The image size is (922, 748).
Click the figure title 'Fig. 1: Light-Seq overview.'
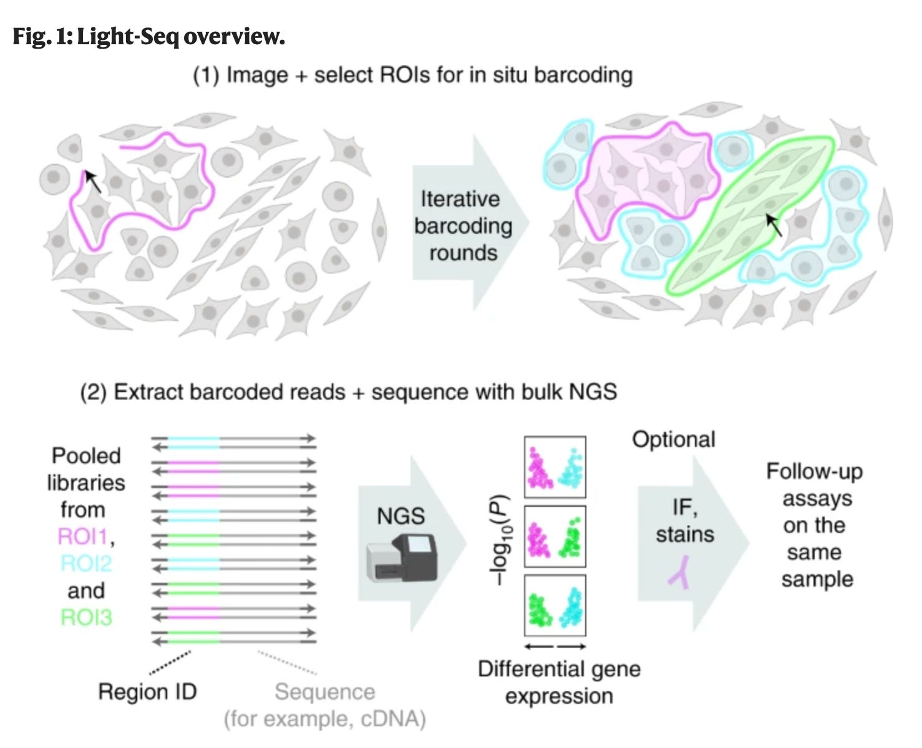(148, 37)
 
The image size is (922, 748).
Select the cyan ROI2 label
(86, 563)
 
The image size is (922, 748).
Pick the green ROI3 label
(86, 617)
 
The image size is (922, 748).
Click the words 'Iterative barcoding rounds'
(463, 226)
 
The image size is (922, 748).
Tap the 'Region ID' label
(147, 691)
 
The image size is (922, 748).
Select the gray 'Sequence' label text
(325, 692)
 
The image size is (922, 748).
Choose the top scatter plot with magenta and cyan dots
(555, 467)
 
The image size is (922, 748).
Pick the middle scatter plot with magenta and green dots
(555, 537)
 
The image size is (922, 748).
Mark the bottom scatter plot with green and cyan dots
(555, 606)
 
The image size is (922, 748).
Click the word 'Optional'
(673, 439)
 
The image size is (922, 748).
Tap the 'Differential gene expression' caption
(559, 682)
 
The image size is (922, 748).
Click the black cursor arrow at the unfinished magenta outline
(92, 181)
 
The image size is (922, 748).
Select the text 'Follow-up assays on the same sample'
(815, 525)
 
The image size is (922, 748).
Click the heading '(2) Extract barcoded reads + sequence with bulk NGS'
(348, 392)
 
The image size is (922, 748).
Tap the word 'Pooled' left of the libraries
(86, 456)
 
